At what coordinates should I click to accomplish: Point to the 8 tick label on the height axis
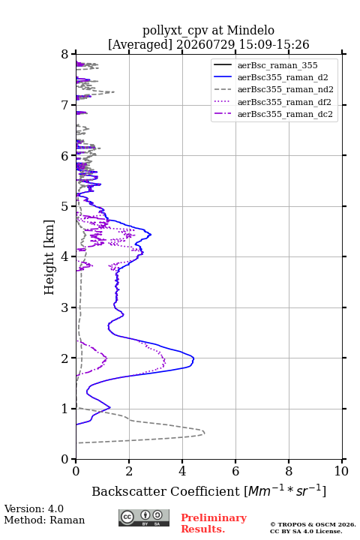pos(65,54)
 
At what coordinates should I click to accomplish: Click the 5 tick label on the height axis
pos(65,206)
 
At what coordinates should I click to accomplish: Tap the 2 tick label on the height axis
pos(65,358)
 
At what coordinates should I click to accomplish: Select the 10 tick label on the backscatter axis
pos(341,471)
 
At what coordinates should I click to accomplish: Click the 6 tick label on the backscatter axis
pos(235,471)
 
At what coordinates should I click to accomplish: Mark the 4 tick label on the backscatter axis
pos(182,471)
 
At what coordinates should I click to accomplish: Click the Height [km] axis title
pos(49,257)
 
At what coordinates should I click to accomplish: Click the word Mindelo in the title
pos(250,30)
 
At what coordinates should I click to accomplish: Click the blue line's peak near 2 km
pos(193,358)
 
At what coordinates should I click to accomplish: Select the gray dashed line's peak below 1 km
pos(204,432)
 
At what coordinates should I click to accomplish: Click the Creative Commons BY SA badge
pos(144,517)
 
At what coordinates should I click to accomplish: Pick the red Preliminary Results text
pos(214,523)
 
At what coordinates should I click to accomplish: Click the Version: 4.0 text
pos(34,508)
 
